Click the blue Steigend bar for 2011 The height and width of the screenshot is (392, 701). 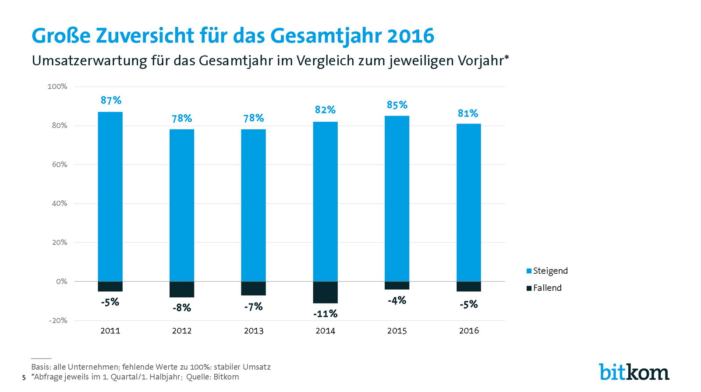[x=110, y=197]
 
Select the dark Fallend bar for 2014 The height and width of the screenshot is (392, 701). [x=325, y=292]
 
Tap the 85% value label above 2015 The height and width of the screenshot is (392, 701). [x=397, y=105]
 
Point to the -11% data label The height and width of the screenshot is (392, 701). [x=325, y=314]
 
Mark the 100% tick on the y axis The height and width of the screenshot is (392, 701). [x=57, y=86]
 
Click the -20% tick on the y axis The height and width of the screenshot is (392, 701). [x=58, y=320]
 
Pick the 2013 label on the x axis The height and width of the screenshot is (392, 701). [x=254, y=331]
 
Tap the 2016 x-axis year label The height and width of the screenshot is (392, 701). [x=469, y=331]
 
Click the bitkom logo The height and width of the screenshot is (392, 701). [x=634, y=372]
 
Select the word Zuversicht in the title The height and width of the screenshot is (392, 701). [x=145, y=36]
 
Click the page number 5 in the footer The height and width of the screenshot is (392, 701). [x=24, y=378]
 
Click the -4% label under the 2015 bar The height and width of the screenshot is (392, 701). [x=397, y=300]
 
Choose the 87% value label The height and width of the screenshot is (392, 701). [x=111, y=100]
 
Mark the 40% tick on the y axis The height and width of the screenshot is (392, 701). [x=60, y=203]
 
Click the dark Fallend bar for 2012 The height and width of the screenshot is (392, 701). [x=182, y=289]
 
